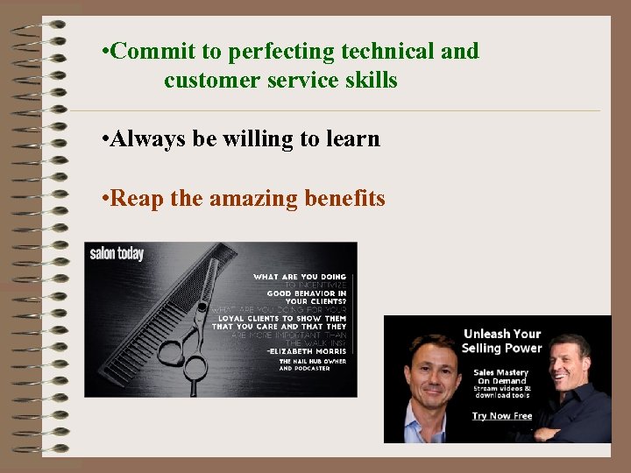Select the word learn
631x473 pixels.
[x=352, y=139]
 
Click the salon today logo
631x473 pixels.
[x=117, y=254]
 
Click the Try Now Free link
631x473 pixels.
[x=501, y=416]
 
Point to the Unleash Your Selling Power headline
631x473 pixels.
[x=502, y=341]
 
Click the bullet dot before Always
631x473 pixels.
[x=105, y=139]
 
